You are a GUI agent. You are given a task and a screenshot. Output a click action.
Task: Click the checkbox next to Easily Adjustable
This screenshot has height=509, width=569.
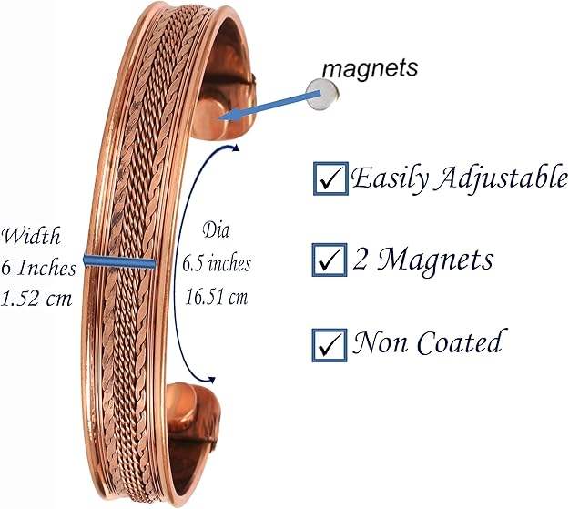pyautogui.click(x=328, y=178)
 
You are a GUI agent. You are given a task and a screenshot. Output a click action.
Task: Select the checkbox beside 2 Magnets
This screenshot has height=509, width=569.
pyautogui.click(x=328, y=261)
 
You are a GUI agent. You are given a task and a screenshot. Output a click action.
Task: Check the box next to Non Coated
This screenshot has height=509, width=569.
pyautogui.click(x=328, y=344)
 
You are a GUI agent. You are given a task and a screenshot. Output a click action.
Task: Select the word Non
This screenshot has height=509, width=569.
pyautogui.click(x=379, y=343)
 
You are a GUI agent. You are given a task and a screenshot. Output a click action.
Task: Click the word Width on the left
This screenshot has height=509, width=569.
pyautogui.click(x=31, y=237)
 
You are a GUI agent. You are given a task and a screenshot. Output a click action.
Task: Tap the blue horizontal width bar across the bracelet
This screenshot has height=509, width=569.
pyautogui.click(x=119, y=262)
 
